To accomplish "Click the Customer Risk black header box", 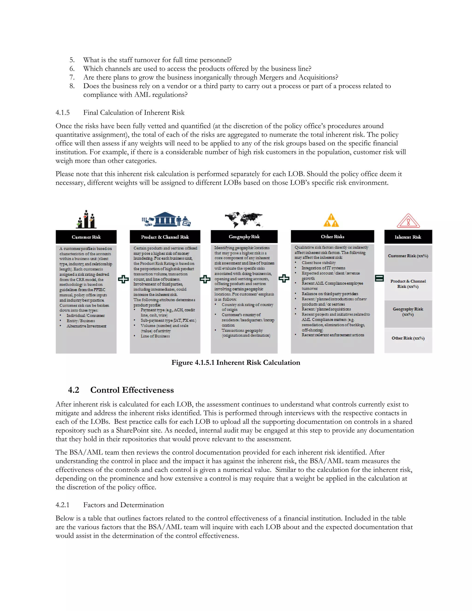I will coord(86,237).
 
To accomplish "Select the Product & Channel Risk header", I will coord(165,237).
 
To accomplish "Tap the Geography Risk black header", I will coord(244,237).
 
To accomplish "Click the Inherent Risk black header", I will coord(408,237).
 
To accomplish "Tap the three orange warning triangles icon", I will coord(331,220).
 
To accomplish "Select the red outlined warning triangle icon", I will coord(408,221).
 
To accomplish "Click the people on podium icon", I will coord(86,219).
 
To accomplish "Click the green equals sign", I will coord(379,278).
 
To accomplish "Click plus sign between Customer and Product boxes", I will coord(123,279).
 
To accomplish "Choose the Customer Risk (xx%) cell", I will coord(408,256).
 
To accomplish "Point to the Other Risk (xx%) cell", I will coord(408,338).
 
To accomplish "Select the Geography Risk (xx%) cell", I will coord(408,312).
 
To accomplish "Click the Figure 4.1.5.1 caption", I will coord(236,363).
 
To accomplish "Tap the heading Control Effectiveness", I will coord(132,390).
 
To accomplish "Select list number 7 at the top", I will coord(72,77).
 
